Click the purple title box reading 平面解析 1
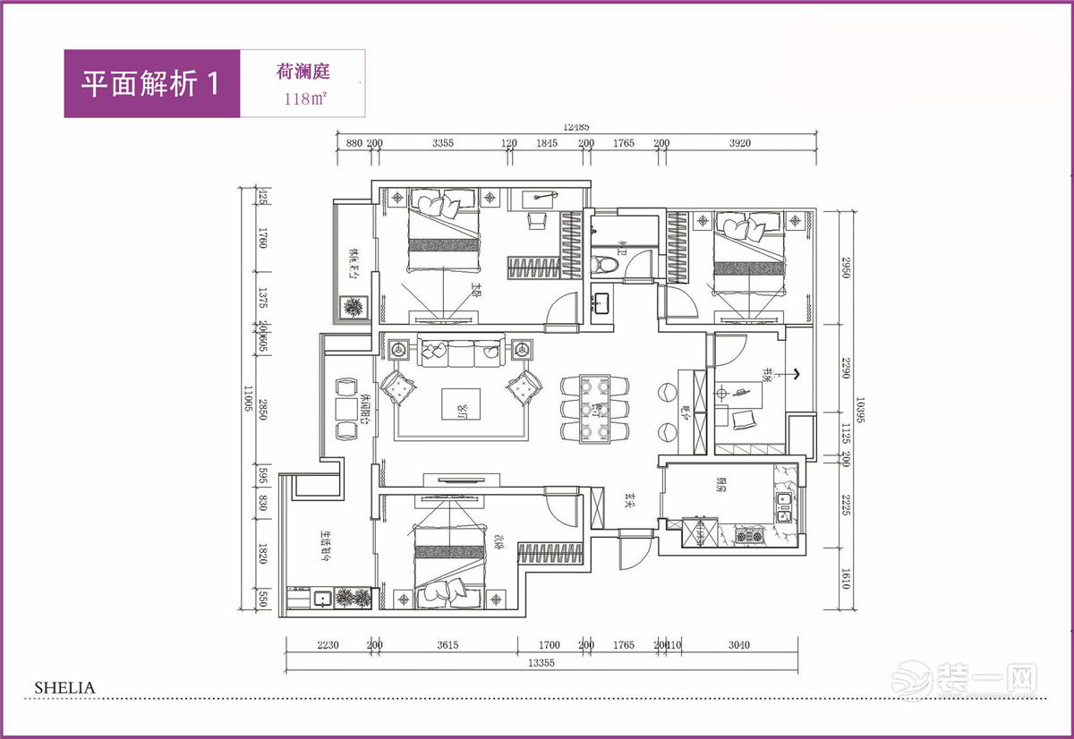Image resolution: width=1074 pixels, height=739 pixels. tap(151, 83)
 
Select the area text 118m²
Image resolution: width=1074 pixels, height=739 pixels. tap(303, 98)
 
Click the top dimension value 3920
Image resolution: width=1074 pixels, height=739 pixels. tap(740, 143)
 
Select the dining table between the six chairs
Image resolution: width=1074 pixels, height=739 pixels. tap(594, 409)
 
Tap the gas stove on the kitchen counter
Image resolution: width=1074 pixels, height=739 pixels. tap(749, 536)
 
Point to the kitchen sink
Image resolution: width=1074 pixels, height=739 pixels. tap(784, 506)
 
